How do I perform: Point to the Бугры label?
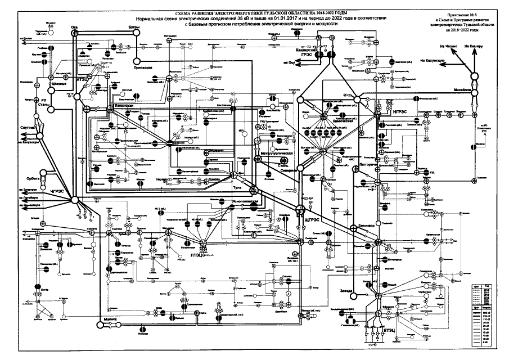(134, 26)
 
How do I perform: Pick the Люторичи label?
(368, 165)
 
